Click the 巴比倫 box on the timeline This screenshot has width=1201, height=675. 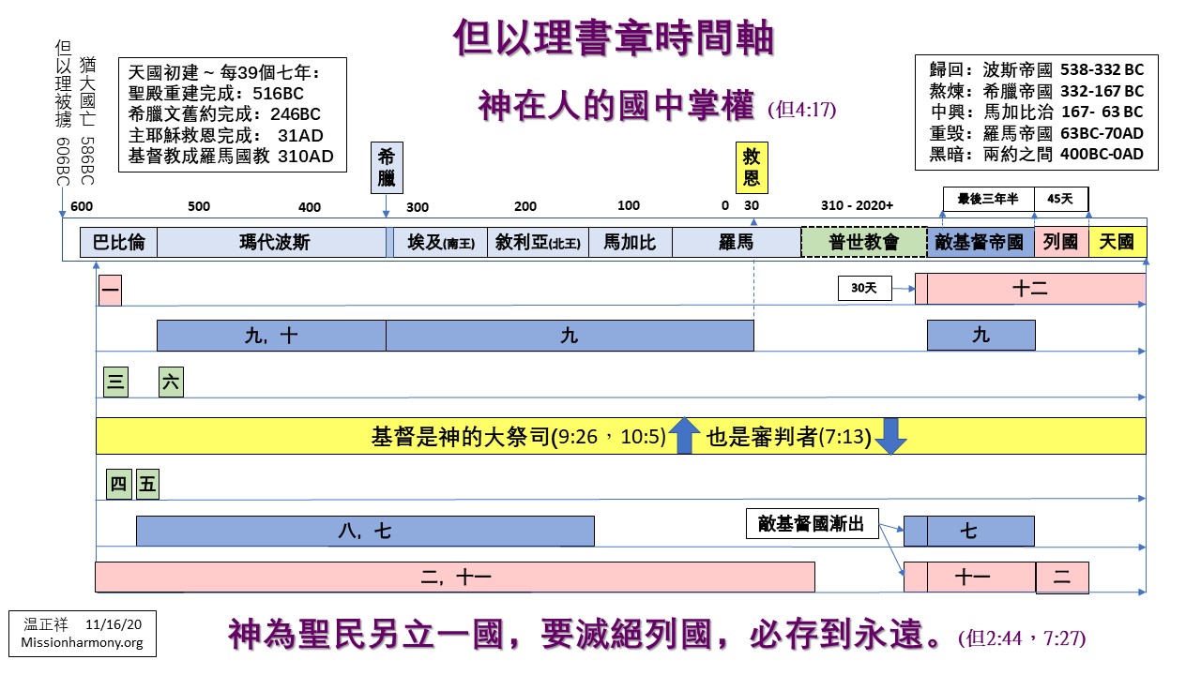(x=118, y=243)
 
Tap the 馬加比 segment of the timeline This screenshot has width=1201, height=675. (x=631, y=243)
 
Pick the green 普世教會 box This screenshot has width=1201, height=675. (x=863, y=243)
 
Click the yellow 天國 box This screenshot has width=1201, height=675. (x=1117, y=243)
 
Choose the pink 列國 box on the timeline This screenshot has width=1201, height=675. (x=1061, y=243)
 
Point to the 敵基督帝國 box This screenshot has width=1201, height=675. (x=980, y=243)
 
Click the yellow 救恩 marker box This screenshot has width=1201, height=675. (x=752, y=167)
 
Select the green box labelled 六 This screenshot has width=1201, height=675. (x=171, y=382)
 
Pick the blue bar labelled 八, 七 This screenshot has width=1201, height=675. (x=365, y=532)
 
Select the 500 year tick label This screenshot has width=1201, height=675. (x=199, y=207)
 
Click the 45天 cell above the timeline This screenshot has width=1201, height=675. (x=1060, y=199)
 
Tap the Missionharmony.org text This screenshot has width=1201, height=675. (x=82, y=643)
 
